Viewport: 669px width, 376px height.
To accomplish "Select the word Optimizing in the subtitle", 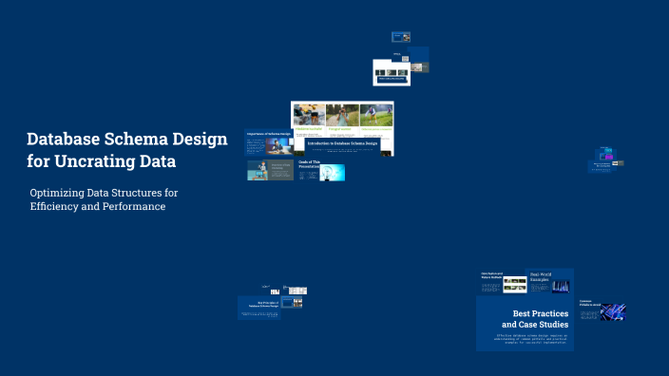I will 63,193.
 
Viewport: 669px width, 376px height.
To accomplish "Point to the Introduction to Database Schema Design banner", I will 343,143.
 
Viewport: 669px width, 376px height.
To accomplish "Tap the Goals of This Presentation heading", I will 309,163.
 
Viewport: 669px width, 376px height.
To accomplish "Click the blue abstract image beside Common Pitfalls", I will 614,311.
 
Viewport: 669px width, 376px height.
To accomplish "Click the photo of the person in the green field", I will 376,115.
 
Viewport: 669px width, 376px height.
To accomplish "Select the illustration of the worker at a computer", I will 258,169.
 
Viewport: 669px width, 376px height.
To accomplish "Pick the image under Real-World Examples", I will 561,286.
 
